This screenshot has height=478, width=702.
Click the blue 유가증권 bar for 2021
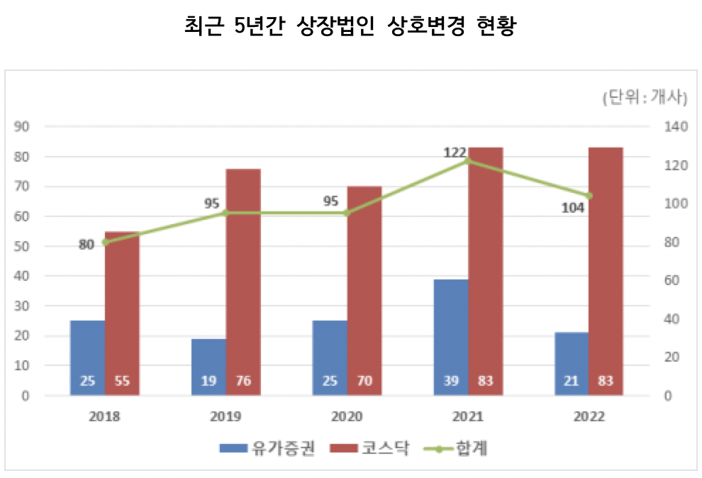coord(451,337)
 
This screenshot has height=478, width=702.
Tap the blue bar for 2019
coord(208,367)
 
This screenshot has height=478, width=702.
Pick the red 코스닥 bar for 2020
coord(364,291)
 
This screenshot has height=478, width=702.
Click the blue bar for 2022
coord(572,363)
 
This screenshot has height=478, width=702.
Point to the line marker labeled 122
coord(468,161)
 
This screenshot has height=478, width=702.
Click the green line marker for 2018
coord(106,242)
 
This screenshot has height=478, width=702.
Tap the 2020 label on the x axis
coord(347,416)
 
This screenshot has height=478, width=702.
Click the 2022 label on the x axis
coord(589,416)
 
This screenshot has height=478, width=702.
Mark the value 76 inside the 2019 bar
coord(243,381)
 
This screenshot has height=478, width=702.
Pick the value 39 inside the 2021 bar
coord(451,381)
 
